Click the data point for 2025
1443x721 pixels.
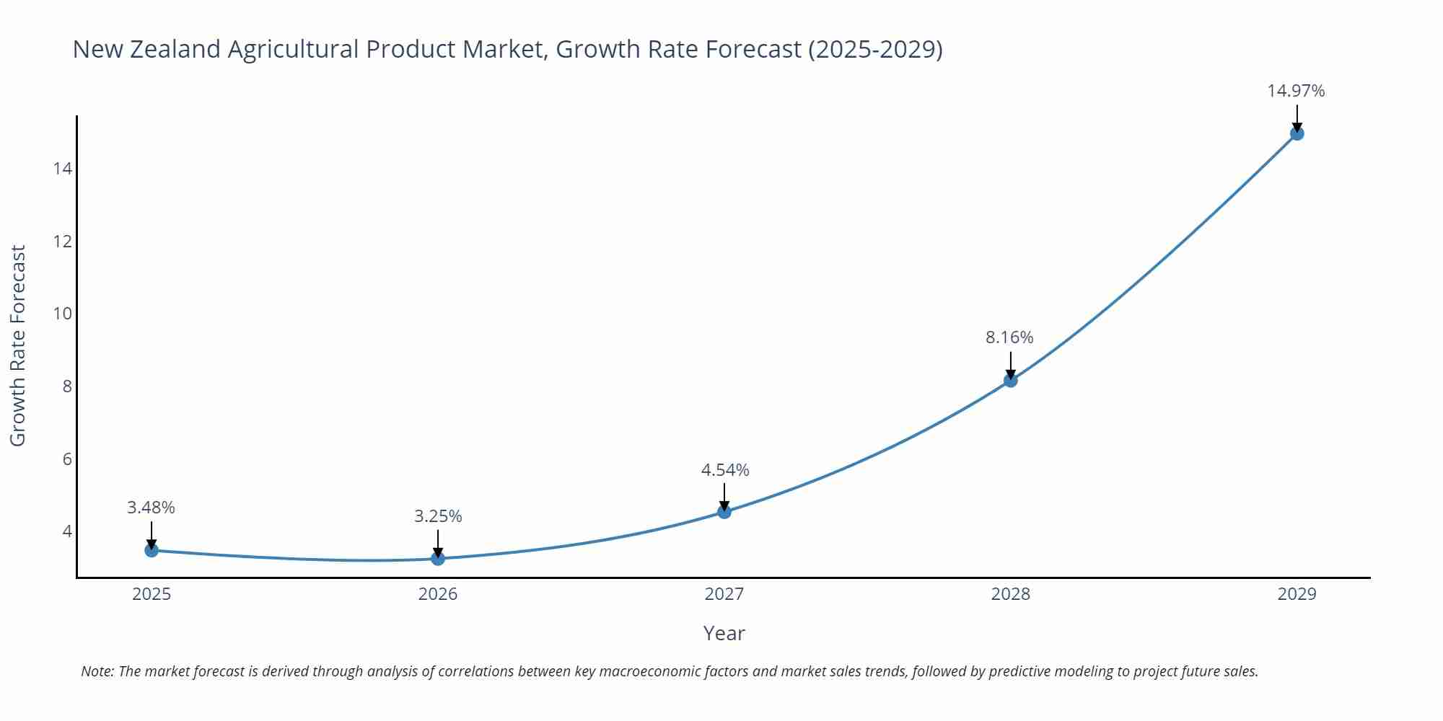[x=152, y=550]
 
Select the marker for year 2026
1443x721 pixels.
[x=438, y=558]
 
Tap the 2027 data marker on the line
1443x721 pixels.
[x=724, y=512]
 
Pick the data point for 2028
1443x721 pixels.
[x=1011, y=380]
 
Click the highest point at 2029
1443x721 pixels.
[x=1297, y=133]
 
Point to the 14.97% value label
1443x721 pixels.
[x=1296, y=91]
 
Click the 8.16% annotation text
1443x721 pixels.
[x=1009, y=337]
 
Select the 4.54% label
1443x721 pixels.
[x=725, y=470]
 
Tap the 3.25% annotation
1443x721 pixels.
[x=438, y=516]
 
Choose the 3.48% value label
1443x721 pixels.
[x=151, y=508]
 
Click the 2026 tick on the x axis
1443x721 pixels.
[x=438, y=594]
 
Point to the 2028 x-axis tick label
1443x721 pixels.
[x=1010, y=594]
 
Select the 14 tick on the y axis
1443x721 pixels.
[x=63, y=169]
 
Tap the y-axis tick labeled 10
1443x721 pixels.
[x=63, y=314]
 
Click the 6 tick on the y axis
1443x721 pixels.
[x=67, y=459]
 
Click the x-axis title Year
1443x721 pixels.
[x=724, y=633]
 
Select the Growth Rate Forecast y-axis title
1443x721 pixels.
[x=17, y=345]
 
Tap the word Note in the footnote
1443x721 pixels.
[x=97, y=671]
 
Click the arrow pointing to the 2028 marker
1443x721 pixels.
[x=1011, y=365]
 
